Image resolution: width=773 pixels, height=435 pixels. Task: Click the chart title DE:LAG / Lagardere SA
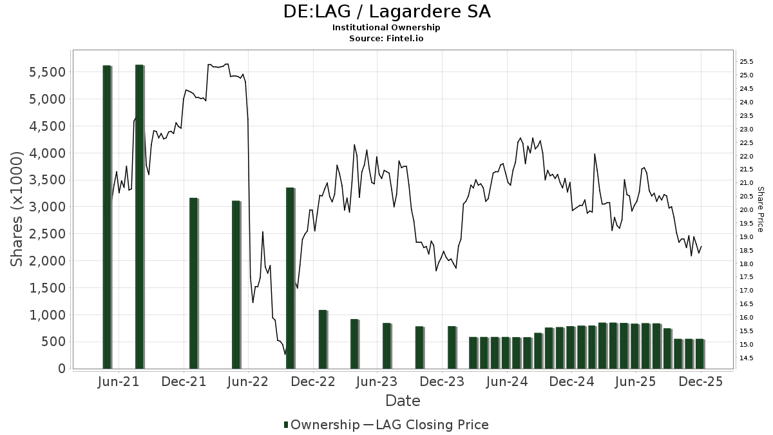386,12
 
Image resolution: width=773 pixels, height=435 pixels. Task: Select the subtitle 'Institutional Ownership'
386,28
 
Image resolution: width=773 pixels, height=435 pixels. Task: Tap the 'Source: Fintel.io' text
386,38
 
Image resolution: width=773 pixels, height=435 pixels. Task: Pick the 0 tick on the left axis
61,369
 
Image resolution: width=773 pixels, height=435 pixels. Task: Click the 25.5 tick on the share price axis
747,62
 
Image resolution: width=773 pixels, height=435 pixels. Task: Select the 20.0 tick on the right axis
747,210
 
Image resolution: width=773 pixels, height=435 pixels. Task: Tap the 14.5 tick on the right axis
747,358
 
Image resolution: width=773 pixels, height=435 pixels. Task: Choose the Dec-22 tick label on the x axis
313,382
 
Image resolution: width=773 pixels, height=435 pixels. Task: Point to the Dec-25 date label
701,382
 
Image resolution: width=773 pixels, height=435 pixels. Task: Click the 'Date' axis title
403,401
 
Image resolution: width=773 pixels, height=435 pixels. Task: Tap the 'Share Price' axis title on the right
761,209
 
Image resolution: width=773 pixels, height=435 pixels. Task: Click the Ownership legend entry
322,425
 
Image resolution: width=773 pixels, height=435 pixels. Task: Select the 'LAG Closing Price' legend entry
432,425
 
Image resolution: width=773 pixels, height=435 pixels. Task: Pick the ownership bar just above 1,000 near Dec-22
323,340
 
